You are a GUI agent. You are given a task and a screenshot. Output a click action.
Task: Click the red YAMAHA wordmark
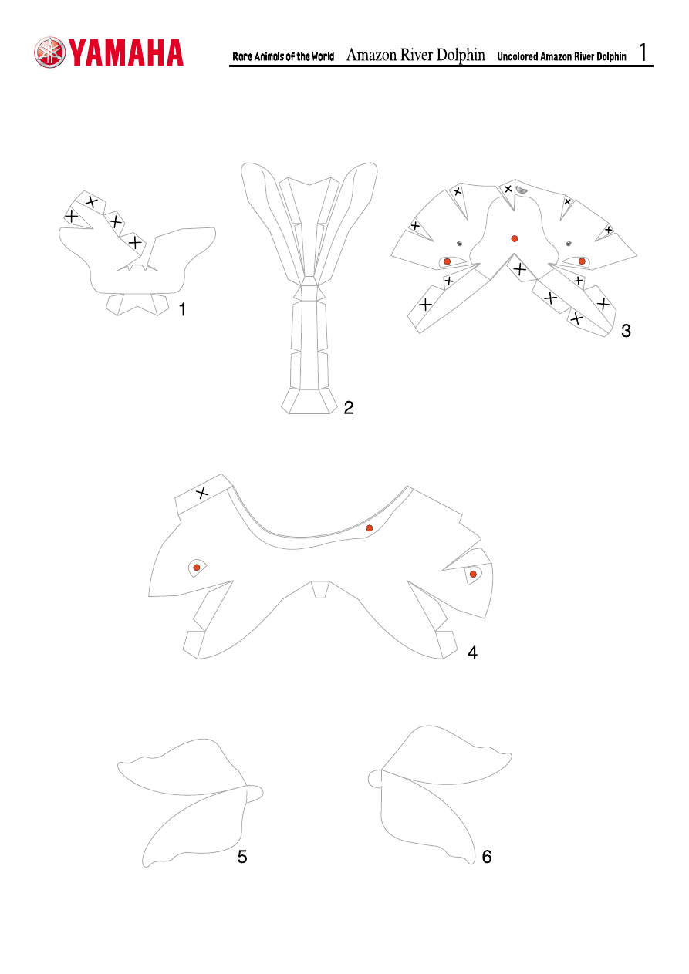pos(127,53)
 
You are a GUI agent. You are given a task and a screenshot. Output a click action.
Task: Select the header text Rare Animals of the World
pos(283,57)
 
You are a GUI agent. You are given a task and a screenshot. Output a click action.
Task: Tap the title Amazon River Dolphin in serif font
pos(416,55)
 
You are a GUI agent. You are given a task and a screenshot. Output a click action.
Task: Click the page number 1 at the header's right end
pos(643,53)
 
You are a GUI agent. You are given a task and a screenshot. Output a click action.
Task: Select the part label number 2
pos(349,409)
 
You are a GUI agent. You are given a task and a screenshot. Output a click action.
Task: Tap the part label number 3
pos(626,331)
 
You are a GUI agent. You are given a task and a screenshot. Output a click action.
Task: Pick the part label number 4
pos(472,652)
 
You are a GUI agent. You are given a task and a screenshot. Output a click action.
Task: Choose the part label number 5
pos(242,858)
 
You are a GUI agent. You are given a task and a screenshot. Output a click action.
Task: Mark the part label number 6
pos(486,857)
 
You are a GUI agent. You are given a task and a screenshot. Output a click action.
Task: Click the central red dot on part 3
pos(514,238)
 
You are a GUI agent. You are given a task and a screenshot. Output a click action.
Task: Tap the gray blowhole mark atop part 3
pos(522,189)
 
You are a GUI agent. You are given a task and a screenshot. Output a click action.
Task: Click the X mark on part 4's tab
pos(202,493)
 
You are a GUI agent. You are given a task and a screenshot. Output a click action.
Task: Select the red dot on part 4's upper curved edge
pos(370,527)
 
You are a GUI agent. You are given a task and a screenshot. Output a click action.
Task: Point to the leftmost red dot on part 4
pos(197,568)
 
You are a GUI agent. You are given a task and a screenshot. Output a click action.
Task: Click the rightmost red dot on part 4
pos(473,574)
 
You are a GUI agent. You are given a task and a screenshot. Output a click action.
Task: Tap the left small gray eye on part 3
pos(459,243)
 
